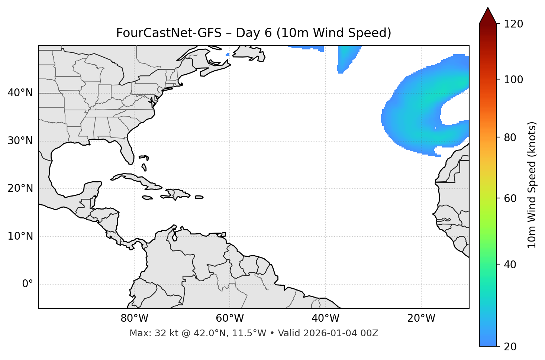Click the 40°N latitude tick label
(20, 93)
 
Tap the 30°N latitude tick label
(20, 141)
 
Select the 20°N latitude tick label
(20, 189)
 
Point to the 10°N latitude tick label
(20, 236)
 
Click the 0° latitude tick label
(28, 284)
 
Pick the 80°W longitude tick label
(134, 319)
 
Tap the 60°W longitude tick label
(230, 319)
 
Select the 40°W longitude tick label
(325, 319)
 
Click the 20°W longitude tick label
(421, 319)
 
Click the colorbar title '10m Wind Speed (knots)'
(532, 185)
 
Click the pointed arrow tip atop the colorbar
(488, 9)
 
